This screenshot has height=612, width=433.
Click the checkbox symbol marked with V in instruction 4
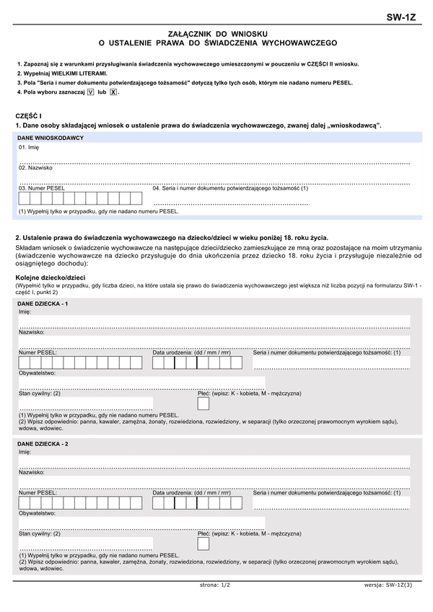tap(90, 93)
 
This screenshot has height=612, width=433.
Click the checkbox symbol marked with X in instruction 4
tap(113, 93)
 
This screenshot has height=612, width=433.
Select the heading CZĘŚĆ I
tap(29, 115)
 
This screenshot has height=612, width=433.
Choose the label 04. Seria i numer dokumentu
tap(230, 188)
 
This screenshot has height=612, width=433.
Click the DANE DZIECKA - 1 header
tap(43, 304)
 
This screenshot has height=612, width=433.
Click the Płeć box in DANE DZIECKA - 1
tap(204, 404)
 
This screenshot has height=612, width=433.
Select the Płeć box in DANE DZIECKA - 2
tap(204, 544)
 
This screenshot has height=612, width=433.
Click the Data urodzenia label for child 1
tap(191, 352)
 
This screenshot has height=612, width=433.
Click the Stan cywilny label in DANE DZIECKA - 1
tap(40, 394)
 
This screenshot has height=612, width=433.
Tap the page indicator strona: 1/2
tap(215, 585)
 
